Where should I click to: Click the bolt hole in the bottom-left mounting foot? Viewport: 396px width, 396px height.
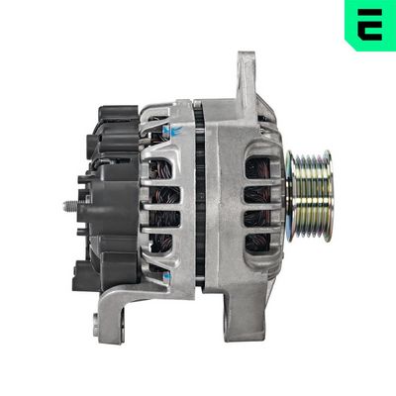pos(96,321)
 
